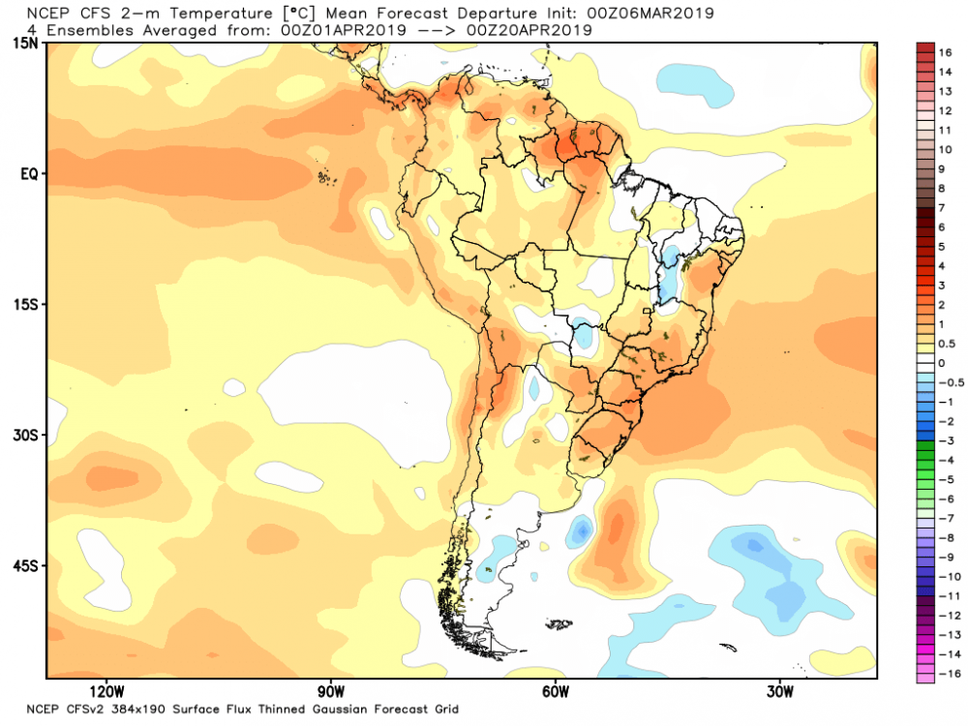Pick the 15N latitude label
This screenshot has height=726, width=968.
[x=26, y=44]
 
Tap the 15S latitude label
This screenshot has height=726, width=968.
[x=26, y=305]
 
